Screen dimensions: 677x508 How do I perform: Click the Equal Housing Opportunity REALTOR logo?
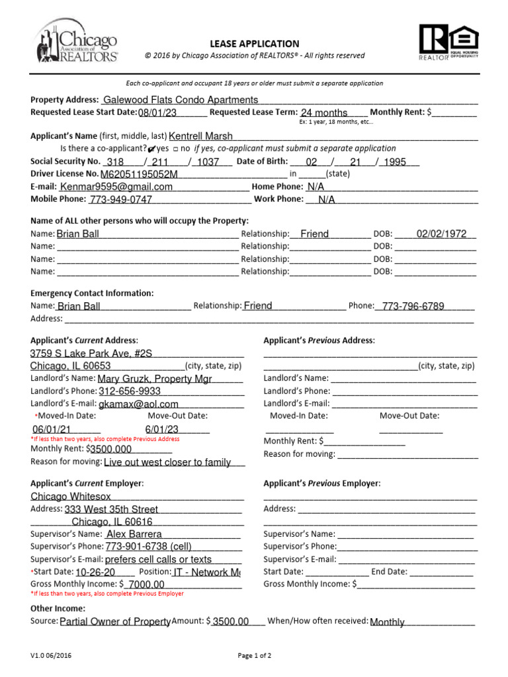pos(447,43)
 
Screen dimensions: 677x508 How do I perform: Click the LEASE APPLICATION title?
pos(255,44)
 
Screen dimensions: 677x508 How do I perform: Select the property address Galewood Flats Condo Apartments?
pos(180,100)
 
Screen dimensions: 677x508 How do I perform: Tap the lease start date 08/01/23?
pos(158,113)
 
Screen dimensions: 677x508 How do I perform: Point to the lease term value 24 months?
pos(324,113)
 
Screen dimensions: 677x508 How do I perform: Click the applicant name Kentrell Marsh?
pos(201,136)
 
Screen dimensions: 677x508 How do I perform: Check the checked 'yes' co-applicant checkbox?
pos(153,149)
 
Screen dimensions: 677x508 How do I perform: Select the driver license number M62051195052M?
pos(139,175)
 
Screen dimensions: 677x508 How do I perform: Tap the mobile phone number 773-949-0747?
pos(120,200)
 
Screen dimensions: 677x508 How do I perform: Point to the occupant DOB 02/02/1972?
pos(441,234)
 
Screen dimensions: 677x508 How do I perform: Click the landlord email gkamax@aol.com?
pos(138,404)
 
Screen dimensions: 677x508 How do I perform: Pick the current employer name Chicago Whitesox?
pos(71,497)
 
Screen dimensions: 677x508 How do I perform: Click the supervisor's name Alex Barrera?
pos(134,534)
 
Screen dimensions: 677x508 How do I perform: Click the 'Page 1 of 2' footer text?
pos(254,656)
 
